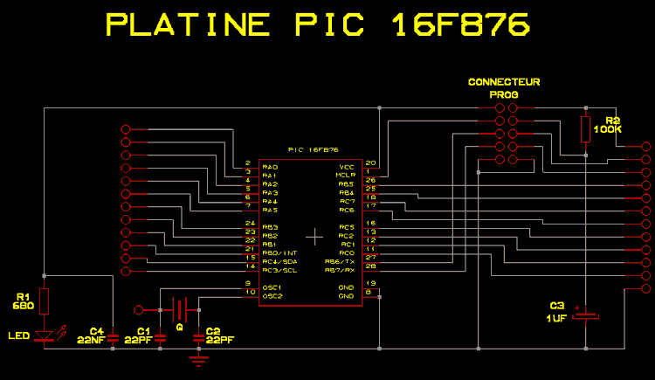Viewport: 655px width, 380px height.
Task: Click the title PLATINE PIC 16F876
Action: [x=318, y=25]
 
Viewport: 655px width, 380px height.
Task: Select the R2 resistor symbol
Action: [x=585, y=128]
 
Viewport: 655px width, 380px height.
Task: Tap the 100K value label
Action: [x=607, y=129]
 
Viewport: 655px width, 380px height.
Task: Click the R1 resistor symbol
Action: [x=45, y=302]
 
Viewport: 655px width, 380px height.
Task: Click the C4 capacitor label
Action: [x=97, y=330]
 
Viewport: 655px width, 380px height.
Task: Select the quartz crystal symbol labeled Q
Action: [x=180, y=309]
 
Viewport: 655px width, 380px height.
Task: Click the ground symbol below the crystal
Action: [x=200, y=357]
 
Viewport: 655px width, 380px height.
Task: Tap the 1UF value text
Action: [x=557, y=319]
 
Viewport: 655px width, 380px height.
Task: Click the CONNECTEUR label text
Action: [x=504, y=82]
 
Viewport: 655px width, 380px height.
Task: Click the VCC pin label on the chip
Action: [x=347, y=166]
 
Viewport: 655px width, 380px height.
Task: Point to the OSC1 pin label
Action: [x=273, y=287]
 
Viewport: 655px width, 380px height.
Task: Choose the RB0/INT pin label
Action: [x=279, y=252]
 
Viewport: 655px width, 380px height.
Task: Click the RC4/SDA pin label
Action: [x=279, y=261]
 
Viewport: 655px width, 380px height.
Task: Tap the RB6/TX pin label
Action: [x=339, y=261]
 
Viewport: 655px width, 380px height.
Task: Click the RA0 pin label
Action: [x=270, y=166]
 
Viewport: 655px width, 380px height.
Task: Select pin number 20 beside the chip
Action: [x=370, y=162]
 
